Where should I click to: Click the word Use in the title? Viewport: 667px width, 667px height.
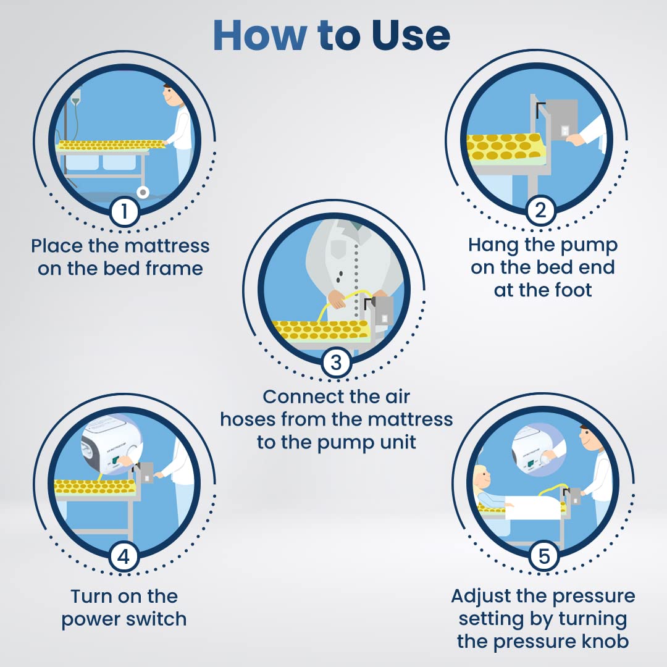click(x=411, y=35)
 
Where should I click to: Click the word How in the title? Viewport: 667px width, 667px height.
click(x=259, y=35)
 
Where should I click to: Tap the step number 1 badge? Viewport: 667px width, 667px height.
click(x=124, y=211)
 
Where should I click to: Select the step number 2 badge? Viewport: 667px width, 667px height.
click(x=540, y=210)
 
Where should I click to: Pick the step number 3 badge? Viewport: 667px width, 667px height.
click(x=336, y=363)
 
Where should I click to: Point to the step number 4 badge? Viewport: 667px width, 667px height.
click(x=124, y=556)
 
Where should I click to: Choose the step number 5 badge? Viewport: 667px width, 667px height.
click(x=544, y=556)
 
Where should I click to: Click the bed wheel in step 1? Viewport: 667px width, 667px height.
click(x=143, y=192)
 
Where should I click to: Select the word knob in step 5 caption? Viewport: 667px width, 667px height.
click(x=605, y=642)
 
